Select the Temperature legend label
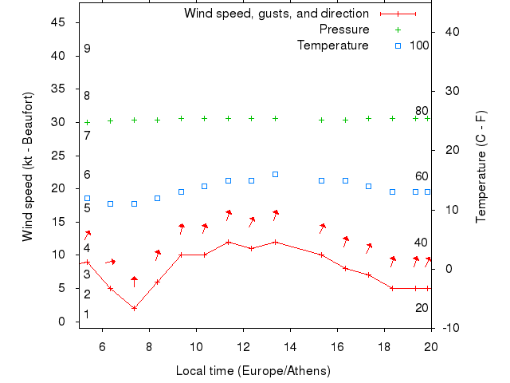332,45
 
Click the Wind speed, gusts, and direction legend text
276,14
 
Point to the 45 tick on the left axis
58,22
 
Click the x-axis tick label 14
290,346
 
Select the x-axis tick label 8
149,346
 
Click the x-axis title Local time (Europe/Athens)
253,371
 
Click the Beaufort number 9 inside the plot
87,49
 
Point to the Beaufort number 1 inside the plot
87,314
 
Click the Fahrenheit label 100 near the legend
419,45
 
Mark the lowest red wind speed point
134,308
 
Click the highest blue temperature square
275,174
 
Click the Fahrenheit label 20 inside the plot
422,308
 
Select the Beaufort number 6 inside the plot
87,175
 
